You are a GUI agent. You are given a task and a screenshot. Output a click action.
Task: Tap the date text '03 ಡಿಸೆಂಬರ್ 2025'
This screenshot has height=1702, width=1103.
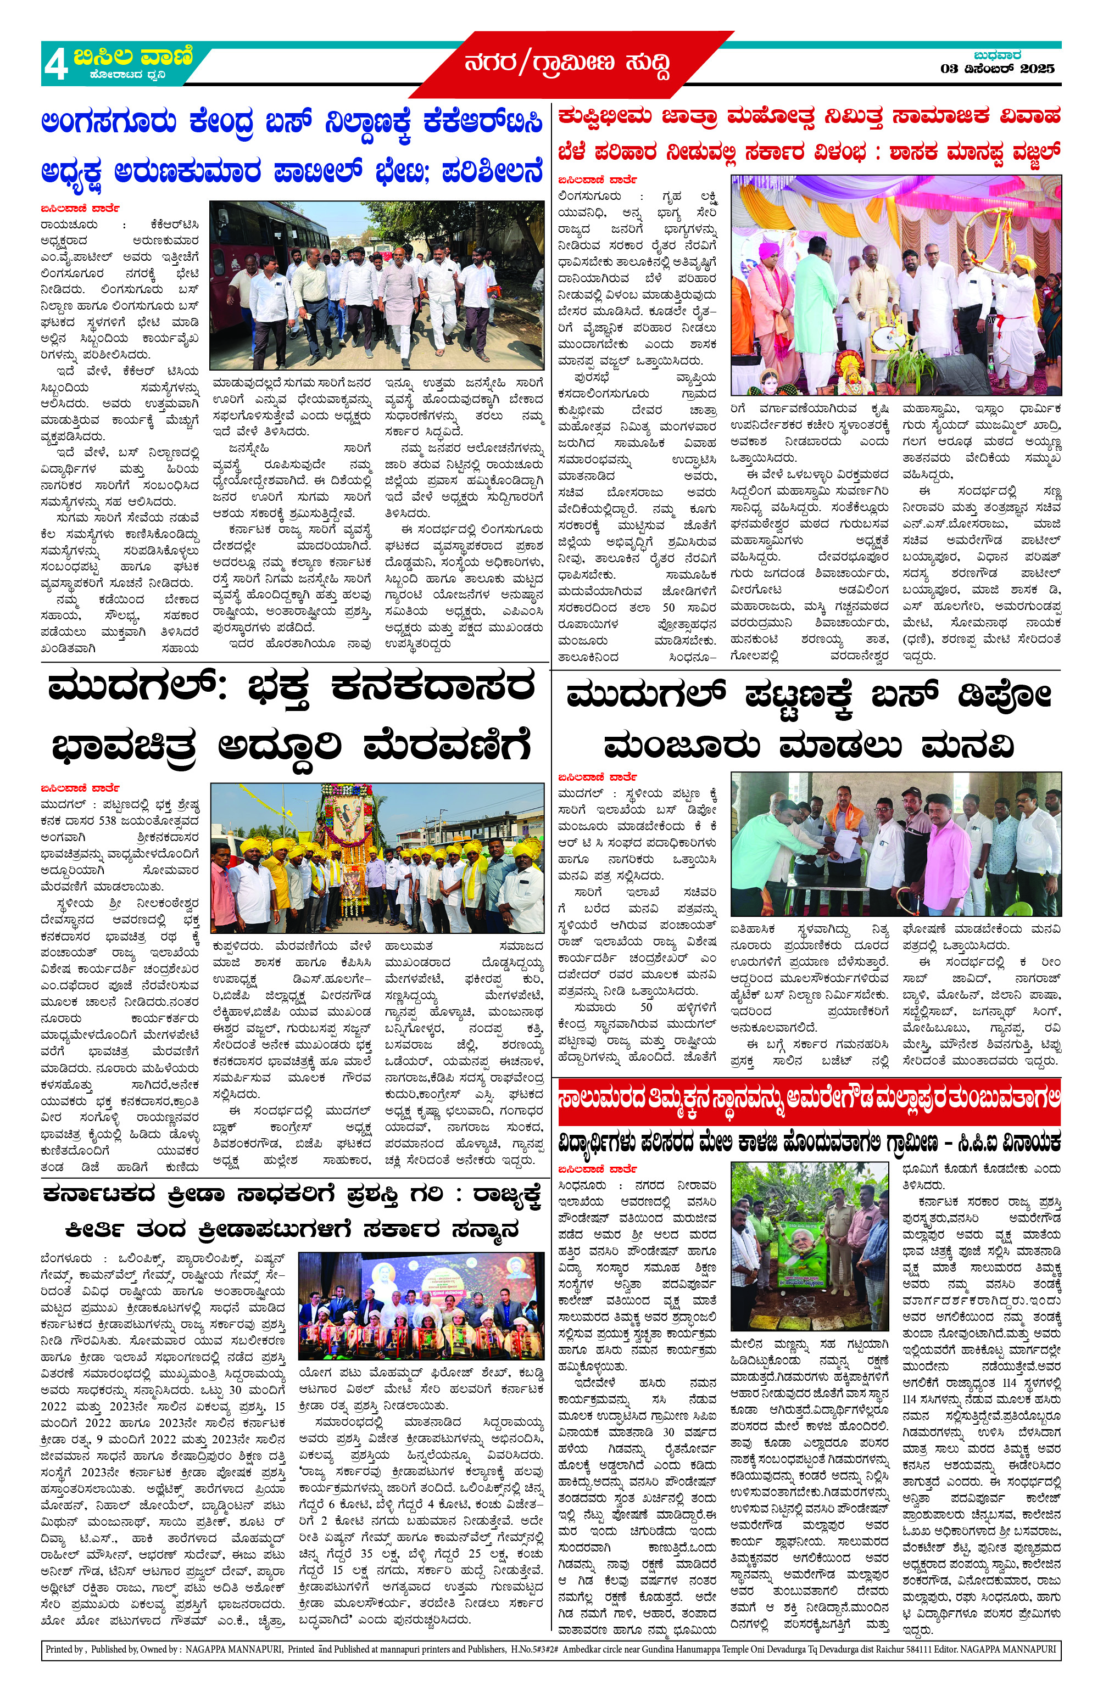click(x=997, y=69)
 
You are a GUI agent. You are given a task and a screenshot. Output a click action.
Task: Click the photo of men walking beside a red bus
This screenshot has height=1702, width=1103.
click(x=376, y=284)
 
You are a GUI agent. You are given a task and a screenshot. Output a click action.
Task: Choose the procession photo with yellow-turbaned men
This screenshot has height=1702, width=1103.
click(x=376, y=859)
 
